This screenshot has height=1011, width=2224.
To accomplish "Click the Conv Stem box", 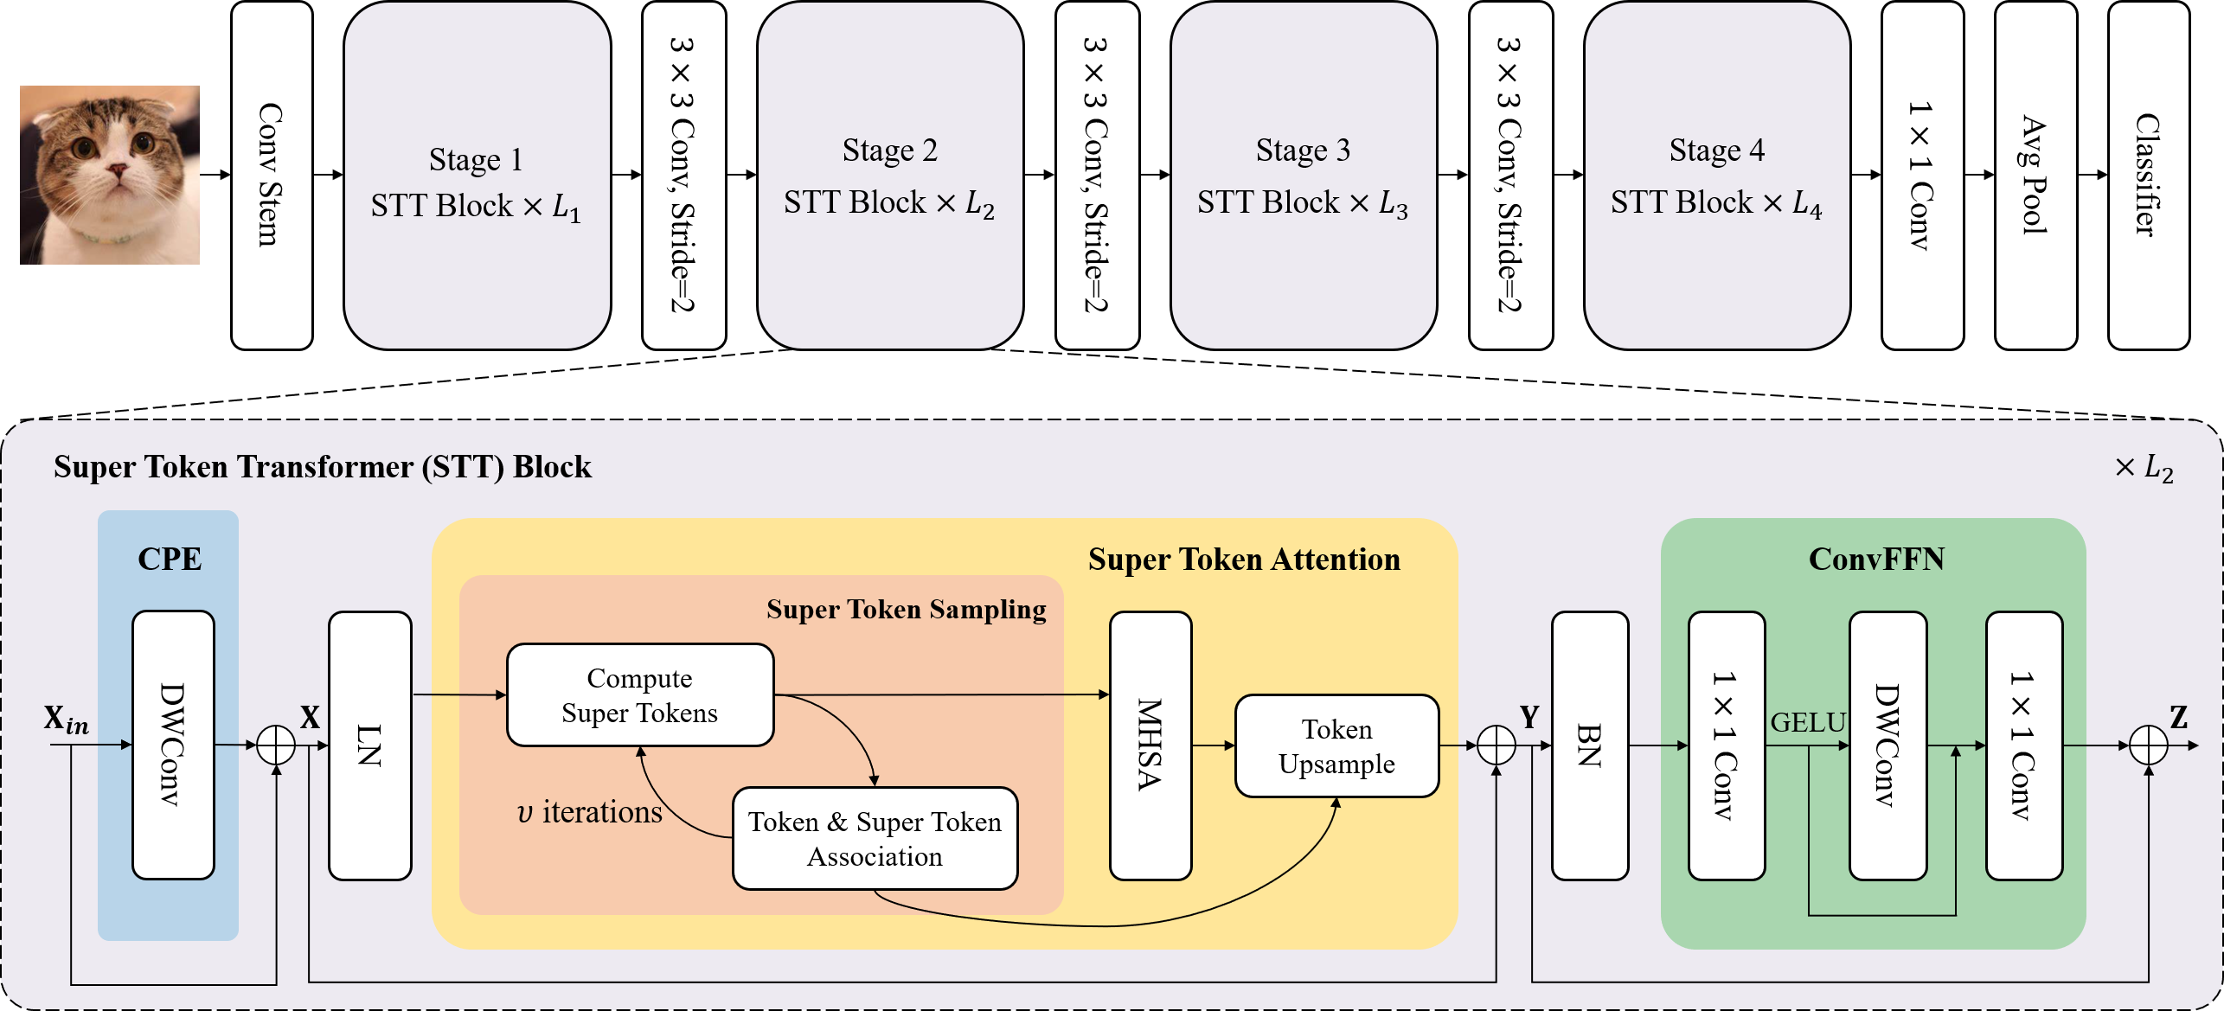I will pyautogui.click(x=271, y=175).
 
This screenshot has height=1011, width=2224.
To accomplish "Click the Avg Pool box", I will pyautogui.click(x=2035, y=175).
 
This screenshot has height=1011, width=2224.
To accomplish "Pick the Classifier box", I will pyautogui.click(x=2148, y=175).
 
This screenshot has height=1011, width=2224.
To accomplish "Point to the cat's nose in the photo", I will pyautogui.click(x=117, y=170).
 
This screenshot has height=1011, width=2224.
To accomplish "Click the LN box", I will pyautogui.click(x=369, y=745).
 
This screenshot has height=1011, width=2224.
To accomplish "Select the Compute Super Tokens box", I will pyautogui.click(x=640, y=694).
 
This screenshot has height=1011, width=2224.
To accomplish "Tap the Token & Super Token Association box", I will pyautogui.click(x=875, y=838).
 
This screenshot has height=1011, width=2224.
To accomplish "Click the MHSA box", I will pyautogui.click(x=1150, y=745).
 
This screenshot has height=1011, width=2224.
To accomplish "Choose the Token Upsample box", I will pyautogui.click(x=1336, y=745).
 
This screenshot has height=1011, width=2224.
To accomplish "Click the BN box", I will pyautogui.click(x=1589, y=745).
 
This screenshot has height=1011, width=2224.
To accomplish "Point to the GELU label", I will pyautogui.click(x=1808, y=722).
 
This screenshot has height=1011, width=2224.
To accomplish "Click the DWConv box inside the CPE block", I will pyautogui.click(x=173, y=745).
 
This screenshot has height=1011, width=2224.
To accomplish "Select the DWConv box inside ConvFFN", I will pyautogui.click(x=1887, y=745).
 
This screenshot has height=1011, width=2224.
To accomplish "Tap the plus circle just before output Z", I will pyautogui.click(x=2148, y=745).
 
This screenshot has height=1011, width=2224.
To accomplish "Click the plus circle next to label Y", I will pyautogui.click(x=1496, y=745).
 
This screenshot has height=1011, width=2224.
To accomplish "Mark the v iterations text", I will pyautogui.click(x=589, y=812).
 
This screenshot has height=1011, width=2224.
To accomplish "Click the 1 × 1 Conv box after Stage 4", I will pyautogui.click(x=1921, y=175).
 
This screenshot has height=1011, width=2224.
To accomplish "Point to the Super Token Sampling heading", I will pyautogui.click(x=906, y=610).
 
